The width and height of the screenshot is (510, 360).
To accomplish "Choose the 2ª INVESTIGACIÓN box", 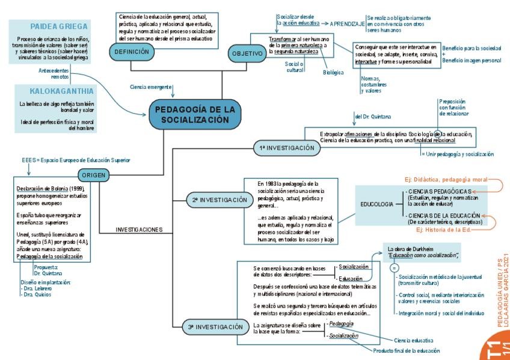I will pyautogui.click(x=220, y=200).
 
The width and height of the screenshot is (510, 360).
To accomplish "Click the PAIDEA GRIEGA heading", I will pyautogui.click(x=59, y=26).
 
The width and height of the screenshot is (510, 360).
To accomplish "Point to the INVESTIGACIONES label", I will pyautogui.click(x=139, y=230).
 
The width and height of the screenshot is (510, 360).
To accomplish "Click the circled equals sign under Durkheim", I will pyautogui.click(x=395, y=267).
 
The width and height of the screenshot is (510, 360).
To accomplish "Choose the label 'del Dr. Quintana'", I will pyautogui.click(x=373, y=116).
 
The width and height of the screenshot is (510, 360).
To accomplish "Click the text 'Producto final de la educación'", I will pyautogui.click(x=406, y=350).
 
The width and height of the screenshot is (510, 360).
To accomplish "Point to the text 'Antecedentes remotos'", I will pyautogui.click(x=52, y=73).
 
